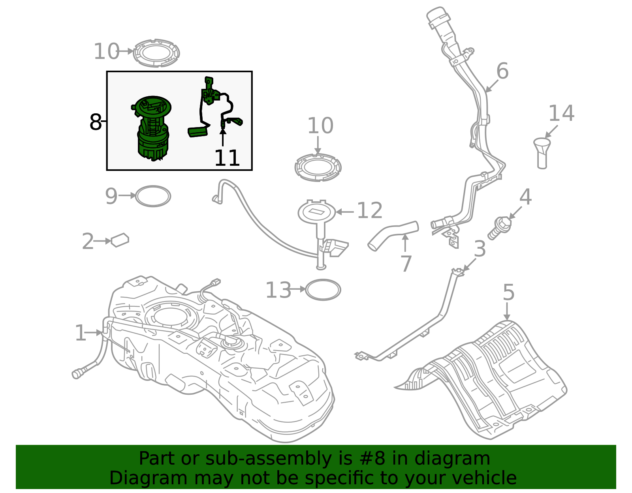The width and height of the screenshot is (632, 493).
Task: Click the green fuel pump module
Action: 152,128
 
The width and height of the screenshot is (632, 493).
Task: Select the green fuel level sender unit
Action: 213,107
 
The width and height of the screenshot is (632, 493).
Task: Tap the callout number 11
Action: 227,158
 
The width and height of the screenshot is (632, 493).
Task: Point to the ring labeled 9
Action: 153,196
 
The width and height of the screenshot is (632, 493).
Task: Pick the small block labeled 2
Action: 120,240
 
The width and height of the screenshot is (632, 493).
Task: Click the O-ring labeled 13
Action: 323,290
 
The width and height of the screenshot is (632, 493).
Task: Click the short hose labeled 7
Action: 393,235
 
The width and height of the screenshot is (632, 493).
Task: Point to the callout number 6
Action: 502,71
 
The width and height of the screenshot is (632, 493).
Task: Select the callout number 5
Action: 508,293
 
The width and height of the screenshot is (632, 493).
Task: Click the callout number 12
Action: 370,211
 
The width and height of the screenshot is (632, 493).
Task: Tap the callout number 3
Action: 480,249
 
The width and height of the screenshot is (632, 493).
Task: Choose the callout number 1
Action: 80,333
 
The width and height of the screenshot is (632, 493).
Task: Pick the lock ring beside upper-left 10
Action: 156,53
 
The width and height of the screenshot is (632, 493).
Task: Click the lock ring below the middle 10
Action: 318,167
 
